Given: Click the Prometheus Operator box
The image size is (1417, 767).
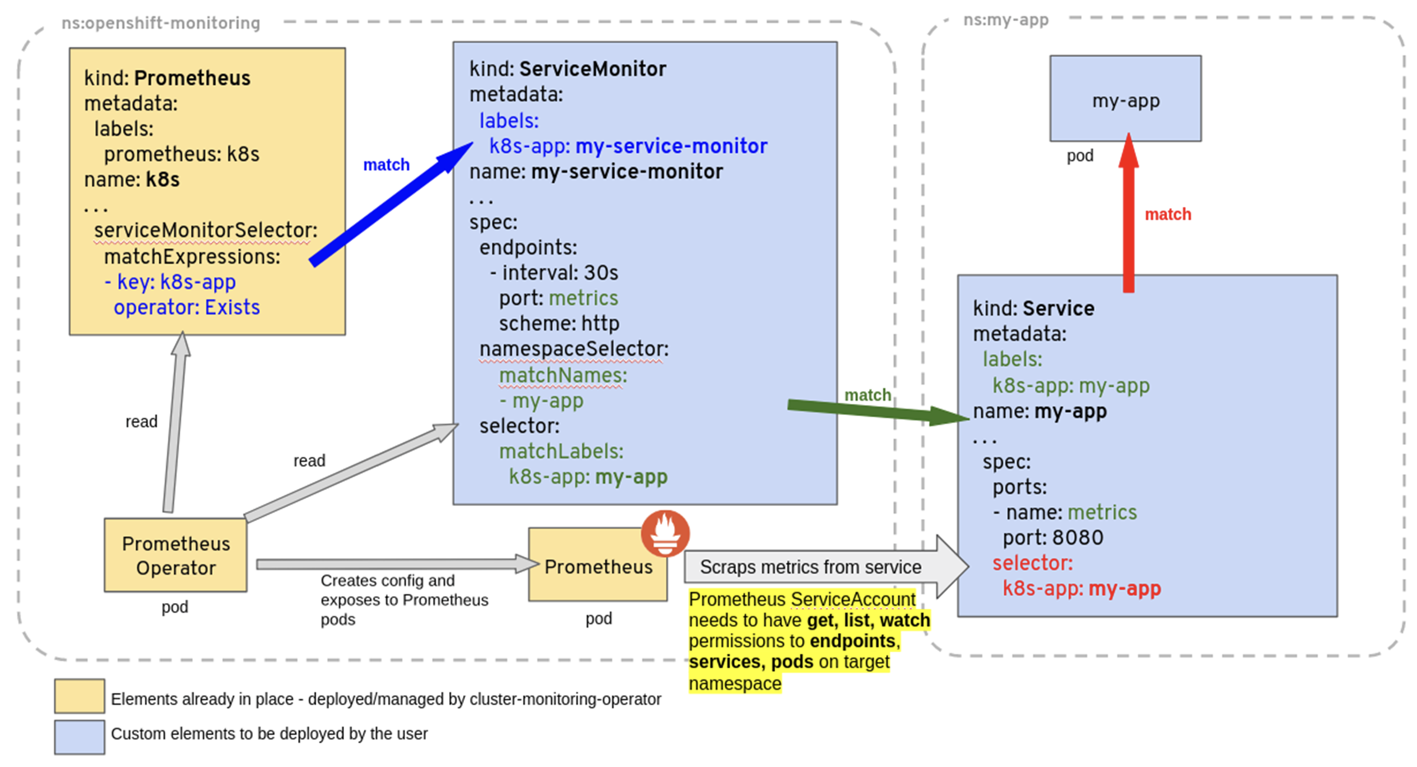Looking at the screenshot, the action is pyautogui.click(x=175, y=555).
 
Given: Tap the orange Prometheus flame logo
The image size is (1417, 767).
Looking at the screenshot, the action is pyautogui.click(x=665, y=534).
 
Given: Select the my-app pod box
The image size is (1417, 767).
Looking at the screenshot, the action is pyautogui.click(x=1125, y=98).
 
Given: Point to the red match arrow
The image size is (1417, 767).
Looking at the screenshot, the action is pyautogui.click(x=1128, y=213).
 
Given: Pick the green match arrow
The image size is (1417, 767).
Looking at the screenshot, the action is pyautogui.click(x=878, y=411).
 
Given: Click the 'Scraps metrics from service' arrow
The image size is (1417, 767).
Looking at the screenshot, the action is pyautogui.click(x=826, y=567).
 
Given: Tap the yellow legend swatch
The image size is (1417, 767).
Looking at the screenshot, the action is pyautogui.click(x=79, y=696).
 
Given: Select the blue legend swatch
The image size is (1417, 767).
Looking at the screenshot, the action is pyautogui.click(x=79, y=737).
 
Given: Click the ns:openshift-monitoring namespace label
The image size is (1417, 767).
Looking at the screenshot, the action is pyautogui.click(x=161, y=23).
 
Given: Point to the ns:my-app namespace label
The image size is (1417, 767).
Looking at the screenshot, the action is pyautogui.click(x=1005, y=20).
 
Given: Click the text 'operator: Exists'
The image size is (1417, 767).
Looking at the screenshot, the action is pyautogui.click(x=186, y=307).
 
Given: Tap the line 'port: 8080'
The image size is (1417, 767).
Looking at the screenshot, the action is pyautogui.click(x=1052, y=537).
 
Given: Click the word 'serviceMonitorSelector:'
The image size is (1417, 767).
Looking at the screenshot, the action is pyautogui.click(x=206, y=230).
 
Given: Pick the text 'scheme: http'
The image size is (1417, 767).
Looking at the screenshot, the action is pyautogui.click(x=559, y=323).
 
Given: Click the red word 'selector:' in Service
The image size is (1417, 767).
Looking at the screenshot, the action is pyautogui.click(x=1032, y=563).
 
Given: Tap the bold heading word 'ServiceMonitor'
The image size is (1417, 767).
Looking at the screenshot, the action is pyautogui.click(x=593, y=69).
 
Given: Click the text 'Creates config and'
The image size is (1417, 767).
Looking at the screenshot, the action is pyautogui.click(x=387, y=580).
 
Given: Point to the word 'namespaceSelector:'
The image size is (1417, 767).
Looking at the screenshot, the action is pyautogui.click(x=574, y=349).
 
